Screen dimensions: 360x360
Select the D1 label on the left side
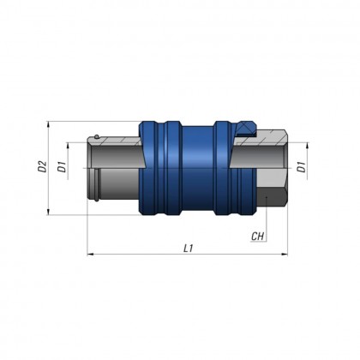click(x=62, y=167)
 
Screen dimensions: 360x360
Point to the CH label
click(x=258, y=234)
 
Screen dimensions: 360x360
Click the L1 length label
click(x=188, y=249)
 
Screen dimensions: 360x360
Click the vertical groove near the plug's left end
click(x=98, y=181)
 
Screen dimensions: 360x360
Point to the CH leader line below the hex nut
click(x=271, y=225)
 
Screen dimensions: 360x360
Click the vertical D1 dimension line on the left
click(x=72, y=167)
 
